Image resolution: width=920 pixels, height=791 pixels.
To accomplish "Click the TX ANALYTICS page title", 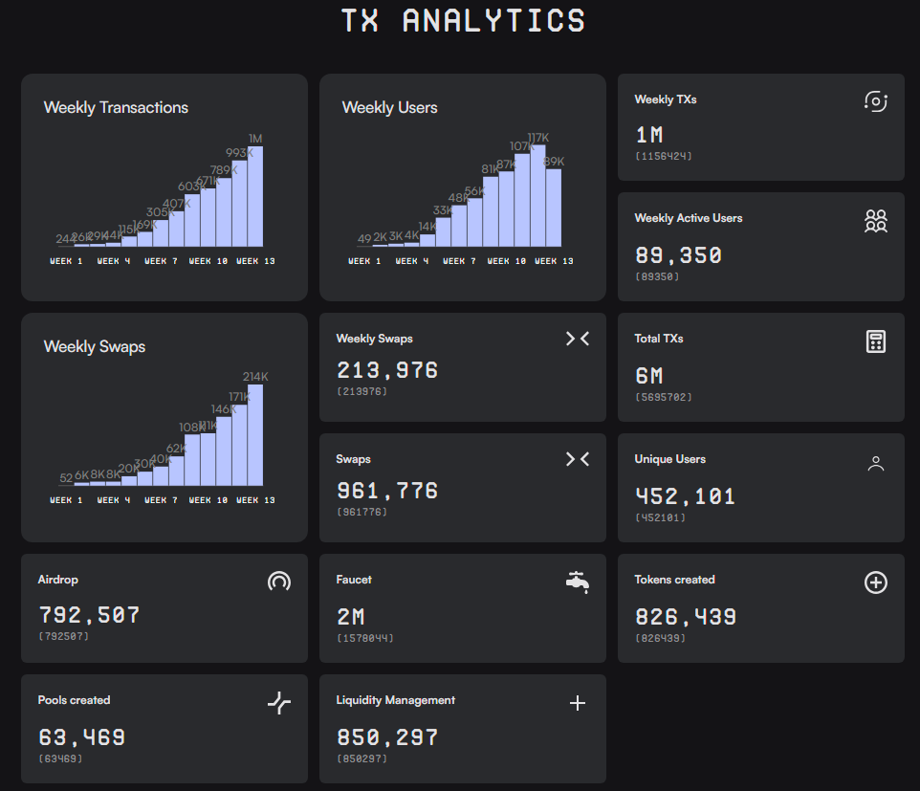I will click(463, 21).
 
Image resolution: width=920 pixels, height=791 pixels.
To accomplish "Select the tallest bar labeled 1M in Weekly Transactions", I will click(255, 196).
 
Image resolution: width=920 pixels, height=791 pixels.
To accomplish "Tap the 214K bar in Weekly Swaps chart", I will click(255, 435).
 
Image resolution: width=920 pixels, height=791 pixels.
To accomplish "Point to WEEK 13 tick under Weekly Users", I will click(554, 261).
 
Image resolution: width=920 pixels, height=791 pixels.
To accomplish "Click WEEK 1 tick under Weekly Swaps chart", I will click(66, 500).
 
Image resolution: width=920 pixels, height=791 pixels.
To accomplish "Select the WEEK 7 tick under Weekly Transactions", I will click(161, 261).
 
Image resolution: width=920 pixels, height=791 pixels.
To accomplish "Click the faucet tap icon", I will click(577, 581).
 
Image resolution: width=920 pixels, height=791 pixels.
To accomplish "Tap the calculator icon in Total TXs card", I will click(875, 341).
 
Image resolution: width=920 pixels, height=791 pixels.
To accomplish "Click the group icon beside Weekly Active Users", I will click(875, 221).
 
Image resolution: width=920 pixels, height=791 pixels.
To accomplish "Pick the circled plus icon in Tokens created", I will click(875, 582).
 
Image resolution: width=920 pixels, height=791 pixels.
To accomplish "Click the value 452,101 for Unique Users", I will click(685, 496).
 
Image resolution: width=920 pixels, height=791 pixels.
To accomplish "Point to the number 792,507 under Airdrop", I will click(89, 615).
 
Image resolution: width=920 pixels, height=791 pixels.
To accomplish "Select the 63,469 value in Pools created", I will click(81, 737).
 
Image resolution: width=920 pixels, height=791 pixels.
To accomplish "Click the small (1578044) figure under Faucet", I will click(364, 638).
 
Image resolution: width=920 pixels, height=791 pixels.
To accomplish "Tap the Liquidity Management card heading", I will click(395, 700).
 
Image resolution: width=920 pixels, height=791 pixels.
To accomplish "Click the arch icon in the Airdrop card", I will click(278, 581).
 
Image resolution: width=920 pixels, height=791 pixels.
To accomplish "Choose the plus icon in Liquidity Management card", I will click(577, 703).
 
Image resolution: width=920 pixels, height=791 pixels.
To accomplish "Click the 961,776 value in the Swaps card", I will click(386, 491).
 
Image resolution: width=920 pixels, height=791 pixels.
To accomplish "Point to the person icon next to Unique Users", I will click(875, 464).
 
